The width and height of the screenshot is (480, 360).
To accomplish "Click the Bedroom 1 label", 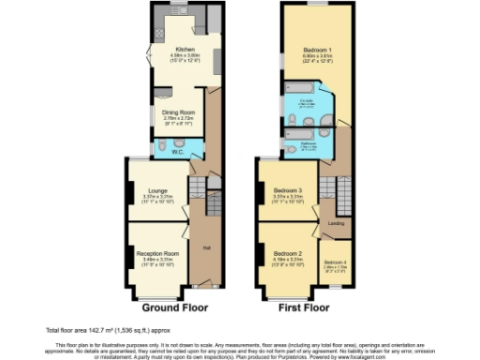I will pos(317,48).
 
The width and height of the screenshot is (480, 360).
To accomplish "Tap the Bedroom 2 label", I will pos(288,253).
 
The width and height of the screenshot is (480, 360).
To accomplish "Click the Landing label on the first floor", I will pos(334,223).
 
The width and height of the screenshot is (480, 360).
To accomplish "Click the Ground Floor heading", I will pos(168,307).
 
